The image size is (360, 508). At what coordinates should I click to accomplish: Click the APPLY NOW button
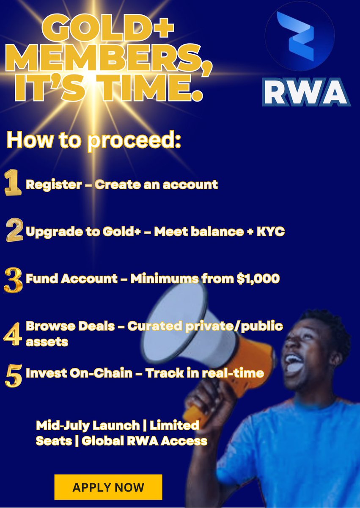[108, 487]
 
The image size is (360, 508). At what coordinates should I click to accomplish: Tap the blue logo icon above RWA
[300, 36]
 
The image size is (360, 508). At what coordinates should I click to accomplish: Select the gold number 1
[13, 184]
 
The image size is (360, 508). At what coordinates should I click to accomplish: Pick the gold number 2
[14, 231]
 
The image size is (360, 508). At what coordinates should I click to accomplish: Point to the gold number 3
[13, 279]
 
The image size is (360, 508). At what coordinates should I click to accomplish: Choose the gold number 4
[13, 333]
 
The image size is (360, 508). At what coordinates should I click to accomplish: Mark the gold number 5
[13, 374]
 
